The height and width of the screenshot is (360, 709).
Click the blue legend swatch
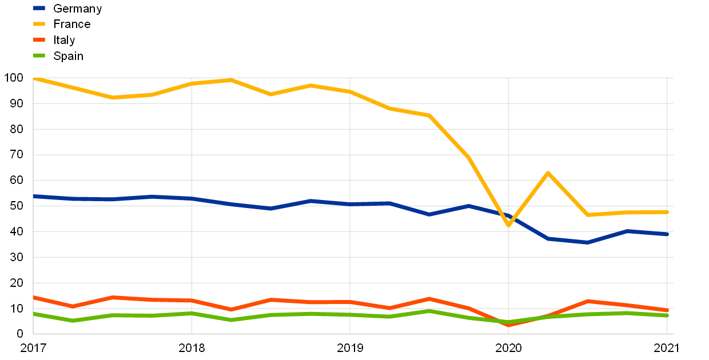coord(39,8)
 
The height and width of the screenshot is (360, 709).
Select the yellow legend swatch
coord(39,24)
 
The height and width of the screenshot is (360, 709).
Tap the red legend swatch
coord(39,40)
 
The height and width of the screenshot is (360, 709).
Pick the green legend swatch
coord(39,55)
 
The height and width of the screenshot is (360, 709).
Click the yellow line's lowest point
coord(508,225)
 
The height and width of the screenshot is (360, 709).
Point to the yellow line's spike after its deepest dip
coord(548,173)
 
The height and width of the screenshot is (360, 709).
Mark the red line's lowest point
coord(508,325)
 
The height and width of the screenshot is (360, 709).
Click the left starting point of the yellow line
coord(34,78)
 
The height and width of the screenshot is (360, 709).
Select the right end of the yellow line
coord(667,212)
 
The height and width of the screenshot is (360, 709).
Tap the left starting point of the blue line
coord(34,196)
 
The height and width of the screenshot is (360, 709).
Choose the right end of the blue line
coord(667,234)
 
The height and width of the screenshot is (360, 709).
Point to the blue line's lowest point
coord(588,242)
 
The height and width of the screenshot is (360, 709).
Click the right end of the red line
coord(667,310)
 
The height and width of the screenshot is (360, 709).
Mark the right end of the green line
coord(667,315)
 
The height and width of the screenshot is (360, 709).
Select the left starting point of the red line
coord(34,297)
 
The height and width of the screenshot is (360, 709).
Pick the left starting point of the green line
coord(34,314)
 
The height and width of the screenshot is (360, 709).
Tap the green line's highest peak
coord(429,311)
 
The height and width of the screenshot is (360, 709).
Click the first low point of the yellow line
coord(113,98)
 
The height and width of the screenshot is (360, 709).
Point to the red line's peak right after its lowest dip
coord(588,301)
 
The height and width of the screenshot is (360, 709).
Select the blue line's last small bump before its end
coord(627,231)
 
